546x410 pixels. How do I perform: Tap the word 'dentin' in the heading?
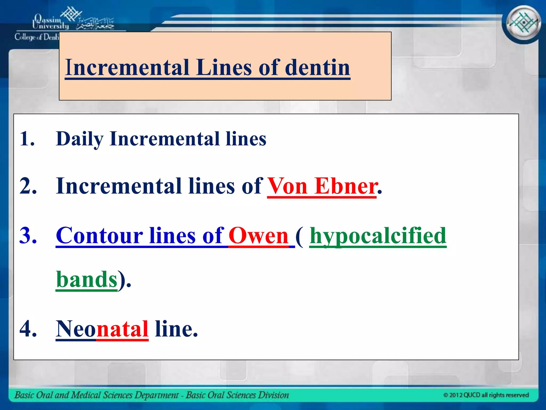[317, 67]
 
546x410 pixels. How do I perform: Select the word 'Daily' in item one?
[79, 139]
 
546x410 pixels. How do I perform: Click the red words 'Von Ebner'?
[322, 186]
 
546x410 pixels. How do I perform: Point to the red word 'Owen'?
[258, 235]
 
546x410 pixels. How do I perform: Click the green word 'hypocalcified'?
[378, 235]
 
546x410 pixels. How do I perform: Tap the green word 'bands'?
[87, 279]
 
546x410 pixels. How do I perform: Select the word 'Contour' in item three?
[99, 235]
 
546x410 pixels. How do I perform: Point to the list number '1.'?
[27, 139]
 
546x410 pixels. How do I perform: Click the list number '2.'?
[28, 186]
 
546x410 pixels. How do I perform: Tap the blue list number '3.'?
[28, 235]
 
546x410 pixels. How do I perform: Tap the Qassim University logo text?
[51, 22]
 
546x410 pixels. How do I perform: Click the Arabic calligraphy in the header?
[95, 24]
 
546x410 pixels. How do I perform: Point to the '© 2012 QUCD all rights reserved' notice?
[486, 395]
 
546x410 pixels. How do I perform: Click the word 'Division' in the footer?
[274, 395]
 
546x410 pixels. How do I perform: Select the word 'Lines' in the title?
[224, 67]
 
